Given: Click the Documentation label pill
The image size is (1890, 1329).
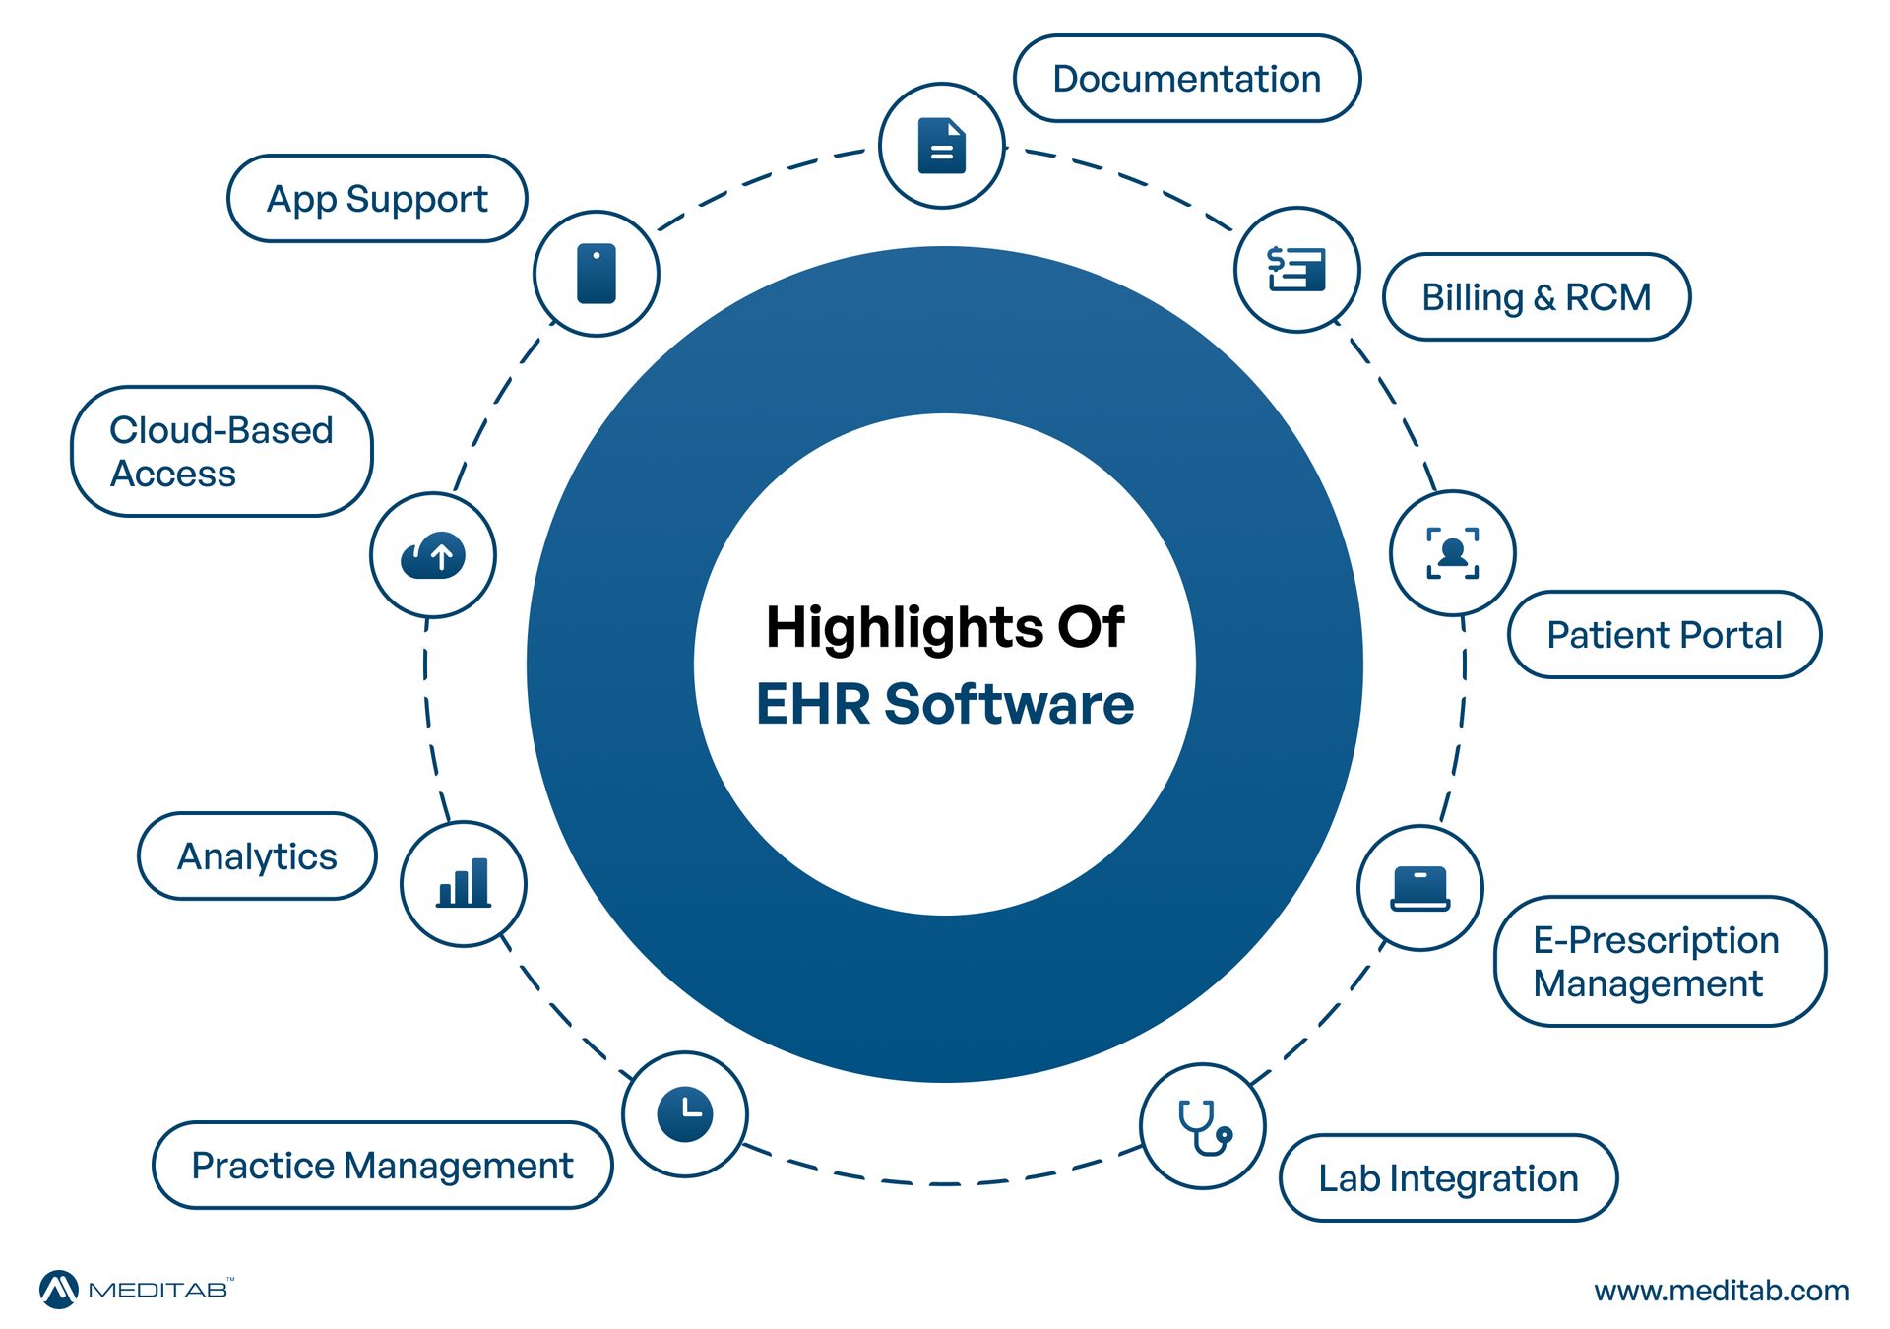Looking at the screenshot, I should [x=1186, y=79].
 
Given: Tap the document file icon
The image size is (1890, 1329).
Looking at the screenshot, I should [x=941, y=146].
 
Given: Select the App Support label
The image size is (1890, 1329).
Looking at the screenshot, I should [x=377, y=199].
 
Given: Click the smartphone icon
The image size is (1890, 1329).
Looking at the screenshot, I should [x=597, y=274].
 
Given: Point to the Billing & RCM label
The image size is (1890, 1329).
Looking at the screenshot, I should [x=1536, y=297].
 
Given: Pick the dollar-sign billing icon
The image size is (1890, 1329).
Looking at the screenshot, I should [x=1296, y=269].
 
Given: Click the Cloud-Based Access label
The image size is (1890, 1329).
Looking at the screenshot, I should [x=221, y=452].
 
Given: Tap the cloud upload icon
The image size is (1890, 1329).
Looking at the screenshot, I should [x=433, y=556].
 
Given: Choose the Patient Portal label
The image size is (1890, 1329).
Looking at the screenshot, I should [x=1664, y=635].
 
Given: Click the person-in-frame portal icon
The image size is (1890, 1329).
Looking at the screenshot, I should [x=1452, y=553].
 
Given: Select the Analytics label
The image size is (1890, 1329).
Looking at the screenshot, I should [x=257, y=856].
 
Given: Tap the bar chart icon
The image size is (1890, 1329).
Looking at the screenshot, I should [x=464, y=883].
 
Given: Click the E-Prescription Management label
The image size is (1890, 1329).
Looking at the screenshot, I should [x=1659, y=962].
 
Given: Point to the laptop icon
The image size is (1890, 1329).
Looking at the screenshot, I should [x=1419, y=888].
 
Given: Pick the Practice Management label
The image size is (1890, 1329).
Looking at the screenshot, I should [x=382, y=1166].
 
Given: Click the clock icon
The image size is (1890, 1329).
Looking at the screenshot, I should [x=685, y=1114].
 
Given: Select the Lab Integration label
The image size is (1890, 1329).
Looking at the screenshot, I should [x=1448, y=1178].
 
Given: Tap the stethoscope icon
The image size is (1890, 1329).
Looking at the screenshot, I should [x=1203, y=1126].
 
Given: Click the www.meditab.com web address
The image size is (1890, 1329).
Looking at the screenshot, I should [x=1721, y=1291].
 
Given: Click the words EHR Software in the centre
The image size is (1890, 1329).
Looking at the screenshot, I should [x=945, y=704].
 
